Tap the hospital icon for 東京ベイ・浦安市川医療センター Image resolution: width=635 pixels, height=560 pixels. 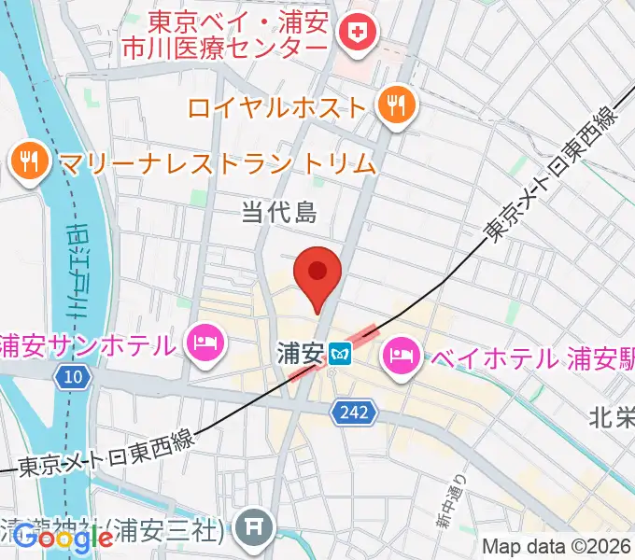[x=358, y=35]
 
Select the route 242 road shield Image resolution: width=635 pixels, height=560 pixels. [x=356, y=412]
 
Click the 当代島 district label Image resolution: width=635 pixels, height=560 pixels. [x=279, y=213]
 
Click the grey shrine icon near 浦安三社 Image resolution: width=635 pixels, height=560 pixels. [x=254, y=529]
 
